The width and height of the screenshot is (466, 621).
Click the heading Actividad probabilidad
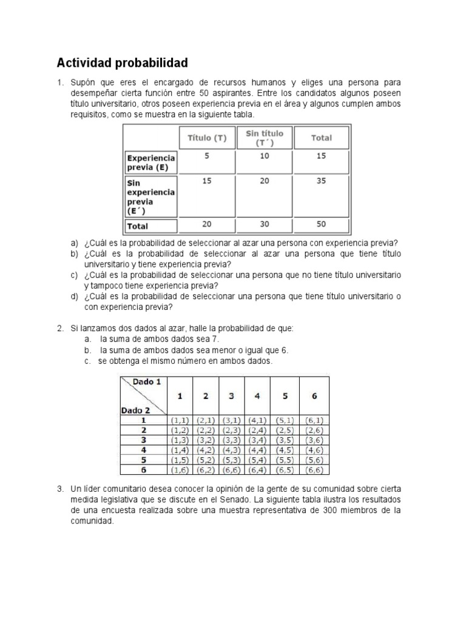point(122,63)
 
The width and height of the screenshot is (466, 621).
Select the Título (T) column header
point(207,138)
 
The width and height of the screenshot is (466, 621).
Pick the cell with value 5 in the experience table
point(207,156)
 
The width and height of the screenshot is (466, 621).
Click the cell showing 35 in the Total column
point(321,181)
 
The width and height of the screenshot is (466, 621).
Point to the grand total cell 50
point(321,224)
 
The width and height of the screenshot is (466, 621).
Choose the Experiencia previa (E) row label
point(150,163)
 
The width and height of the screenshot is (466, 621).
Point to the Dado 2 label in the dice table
point(135,409)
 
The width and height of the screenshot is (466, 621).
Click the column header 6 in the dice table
point(314,396)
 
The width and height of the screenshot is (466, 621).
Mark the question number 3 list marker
point(61,489)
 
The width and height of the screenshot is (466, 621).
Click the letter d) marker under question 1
point(74,296)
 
